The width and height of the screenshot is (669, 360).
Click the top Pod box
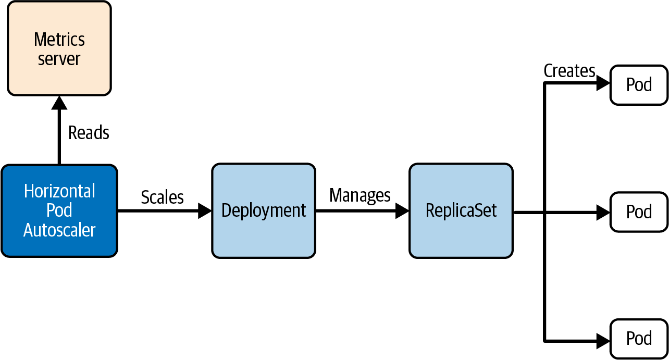[639, 84]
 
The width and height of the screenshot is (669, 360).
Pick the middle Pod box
[639, 212]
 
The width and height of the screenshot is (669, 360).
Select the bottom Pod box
[639, 339]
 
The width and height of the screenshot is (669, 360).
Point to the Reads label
[89, 133]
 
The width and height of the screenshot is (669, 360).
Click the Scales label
[163, 197]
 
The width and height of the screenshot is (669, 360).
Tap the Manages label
[360, 195]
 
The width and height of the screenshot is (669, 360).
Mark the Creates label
[569, 71]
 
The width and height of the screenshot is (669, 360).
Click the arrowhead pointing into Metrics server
[59, 102]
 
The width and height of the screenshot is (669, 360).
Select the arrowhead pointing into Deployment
[205, 211]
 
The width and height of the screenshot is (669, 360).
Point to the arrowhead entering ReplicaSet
[402, 211]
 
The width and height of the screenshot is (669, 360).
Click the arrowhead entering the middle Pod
[603, 212]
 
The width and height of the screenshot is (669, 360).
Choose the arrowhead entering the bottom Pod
[603, 341]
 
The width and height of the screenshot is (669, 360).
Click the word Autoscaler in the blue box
[59, 230]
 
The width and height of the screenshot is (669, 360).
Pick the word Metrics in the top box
[59, 40]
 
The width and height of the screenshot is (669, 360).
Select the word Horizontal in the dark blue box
[59, 191]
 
